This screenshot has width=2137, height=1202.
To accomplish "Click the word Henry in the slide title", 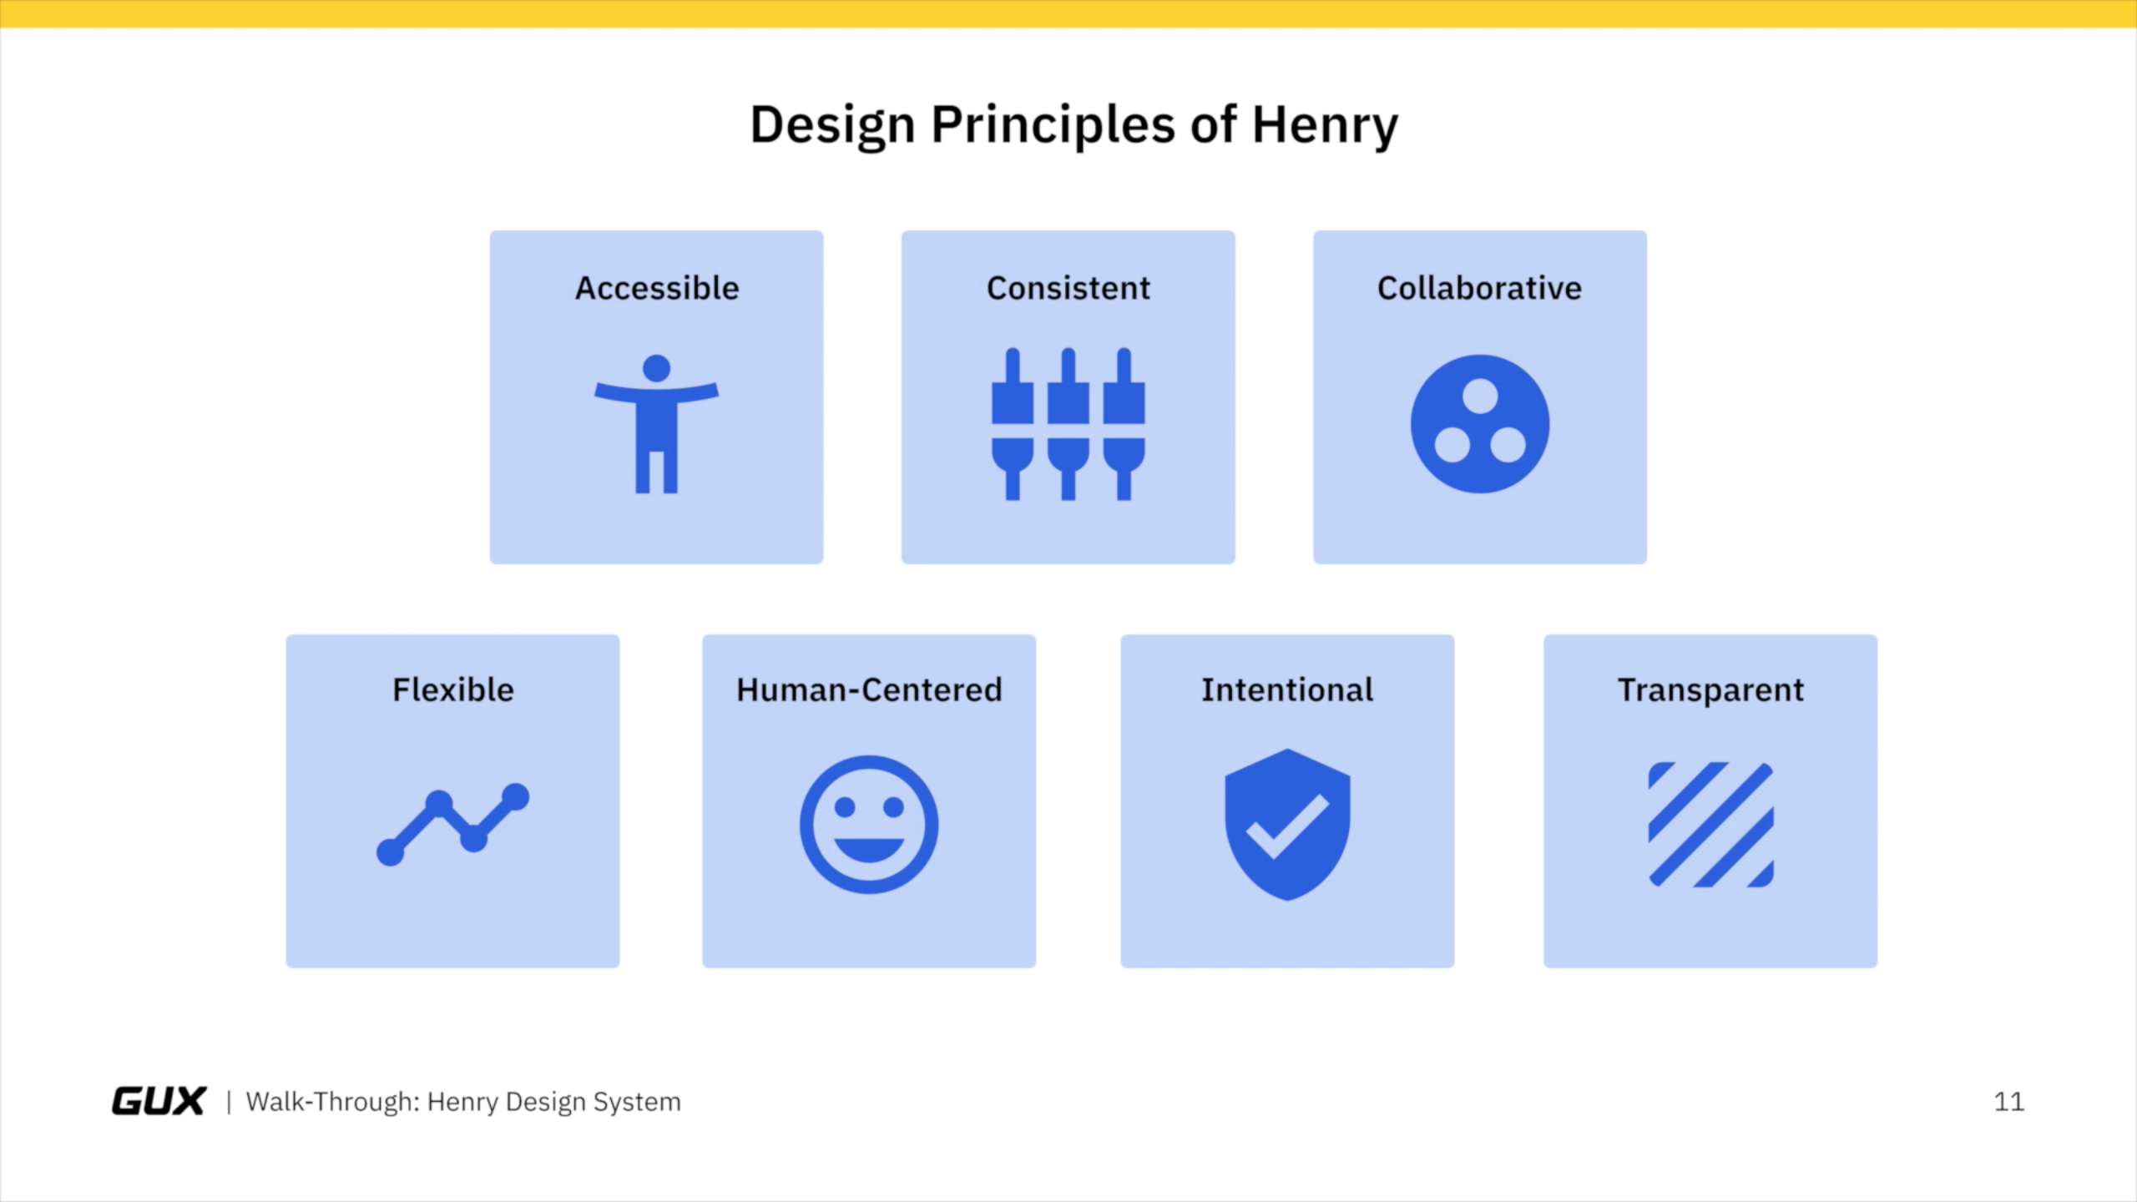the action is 1325,126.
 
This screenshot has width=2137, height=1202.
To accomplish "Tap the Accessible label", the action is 657,288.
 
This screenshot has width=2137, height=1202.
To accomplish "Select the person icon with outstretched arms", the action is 656,424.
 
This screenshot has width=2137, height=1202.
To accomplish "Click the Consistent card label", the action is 1068,288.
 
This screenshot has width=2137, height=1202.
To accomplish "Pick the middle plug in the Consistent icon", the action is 1068,424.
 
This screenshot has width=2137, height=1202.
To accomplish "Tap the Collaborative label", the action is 1479,288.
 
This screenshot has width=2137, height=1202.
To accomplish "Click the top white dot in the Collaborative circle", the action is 1480,396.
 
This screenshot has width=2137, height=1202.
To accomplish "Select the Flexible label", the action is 453,690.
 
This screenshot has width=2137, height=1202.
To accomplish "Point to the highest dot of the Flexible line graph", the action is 516,796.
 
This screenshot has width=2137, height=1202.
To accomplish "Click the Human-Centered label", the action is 869,690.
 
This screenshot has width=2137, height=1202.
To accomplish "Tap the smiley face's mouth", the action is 869,849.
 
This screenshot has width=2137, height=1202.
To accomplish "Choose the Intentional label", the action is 1287,690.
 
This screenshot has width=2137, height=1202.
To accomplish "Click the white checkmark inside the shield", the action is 1286,826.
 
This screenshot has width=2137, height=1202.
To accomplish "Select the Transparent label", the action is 1710,690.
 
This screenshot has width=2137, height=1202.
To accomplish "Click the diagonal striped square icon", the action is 1710,825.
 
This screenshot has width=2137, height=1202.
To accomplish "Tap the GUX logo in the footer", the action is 159,1101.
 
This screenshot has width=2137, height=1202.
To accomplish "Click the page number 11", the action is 2008,1102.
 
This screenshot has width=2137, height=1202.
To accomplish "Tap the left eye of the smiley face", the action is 845,807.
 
